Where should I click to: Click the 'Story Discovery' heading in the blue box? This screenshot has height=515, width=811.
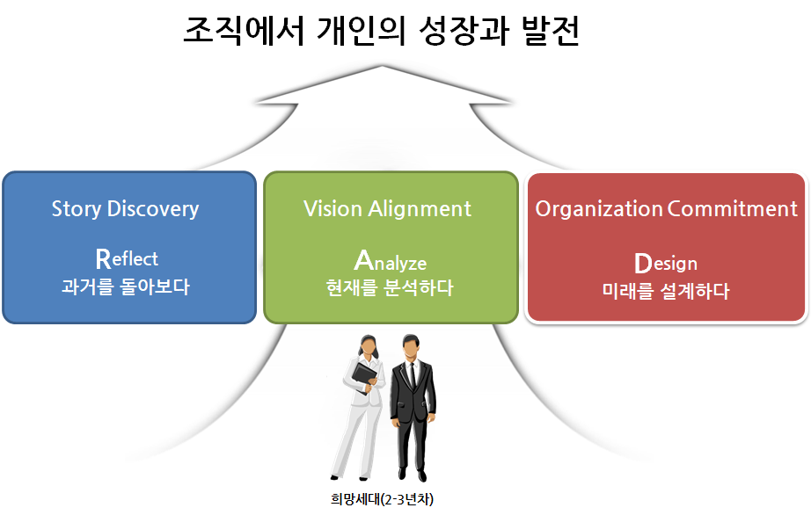coord(125,209)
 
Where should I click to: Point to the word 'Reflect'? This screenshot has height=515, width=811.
coord(127,258)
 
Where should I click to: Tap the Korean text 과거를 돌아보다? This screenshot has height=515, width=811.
coord(126,287)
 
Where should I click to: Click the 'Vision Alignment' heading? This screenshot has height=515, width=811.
coord(387,209)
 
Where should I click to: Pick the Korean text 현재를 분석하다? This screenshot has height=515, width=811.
coord(390,287)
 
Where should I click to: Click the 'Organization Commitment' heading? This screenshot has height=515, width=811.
coord(666,209)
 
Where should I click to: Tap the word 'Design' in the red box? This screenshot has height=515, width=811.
coord(665,263)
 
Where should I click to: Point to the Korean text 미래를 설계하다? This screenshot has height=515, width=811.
coord(666,290)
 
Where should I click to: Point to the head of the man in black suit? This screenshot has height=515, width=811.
coord(410,345)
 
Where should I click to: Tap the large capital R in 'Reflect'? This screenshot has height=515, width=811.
coord(103,257)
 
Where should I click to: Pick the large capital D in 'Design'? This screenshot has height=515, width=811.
coord(642,262)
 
